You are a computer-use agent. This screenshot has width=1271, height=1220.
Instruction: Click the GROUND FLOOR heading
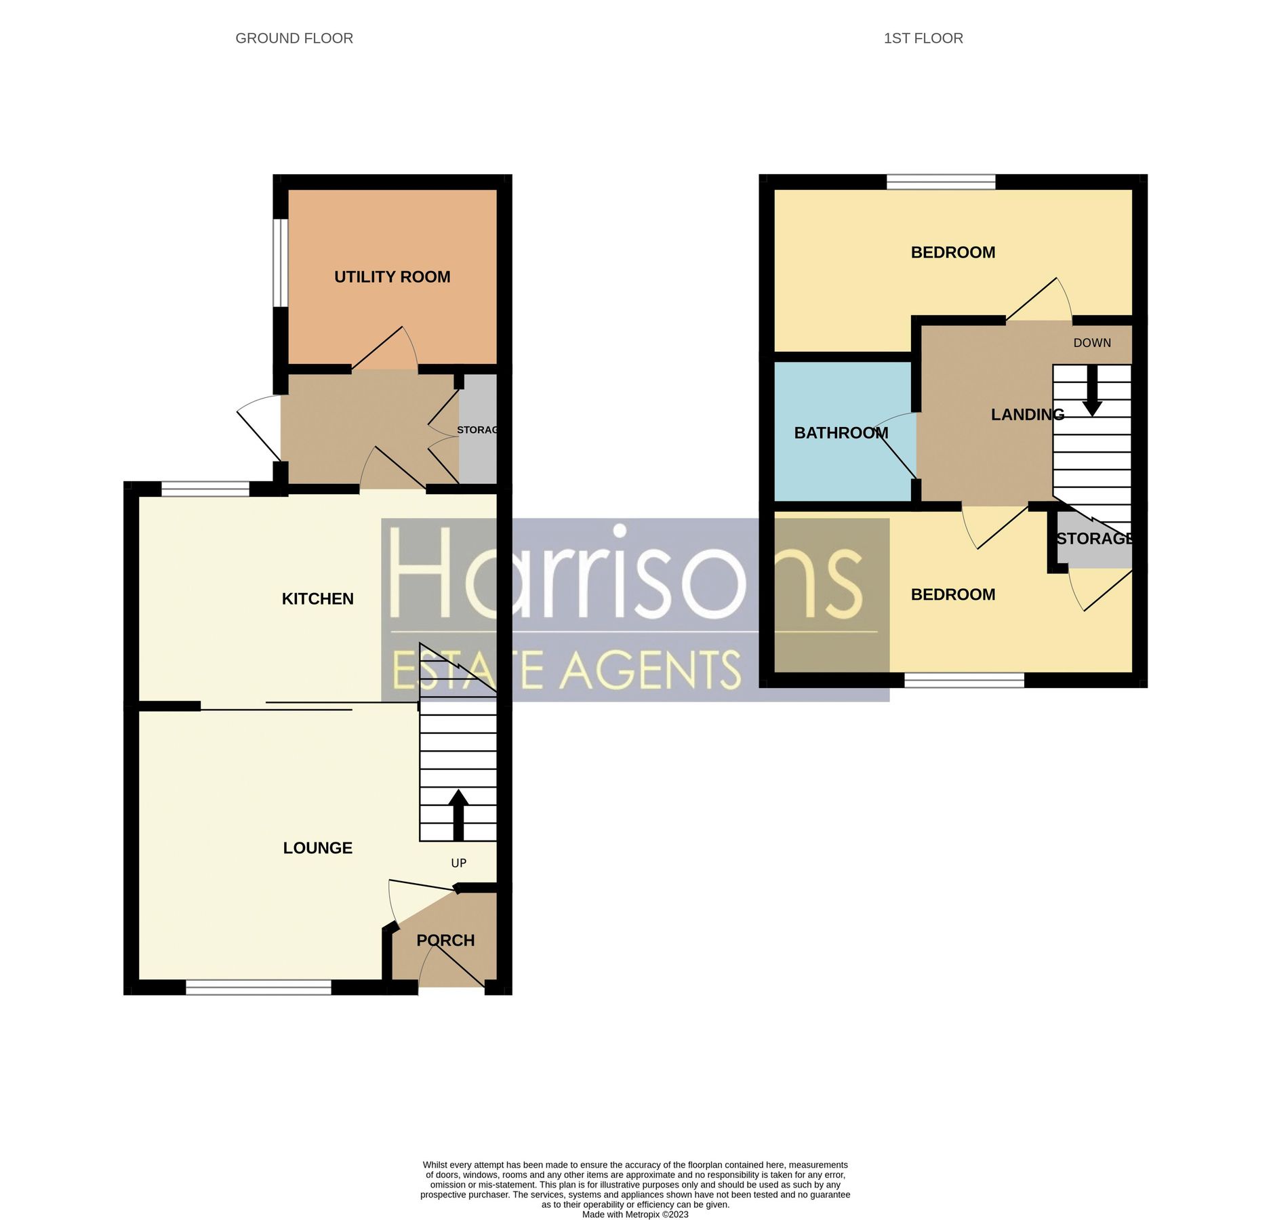pyautogui.click(x=294, y=38)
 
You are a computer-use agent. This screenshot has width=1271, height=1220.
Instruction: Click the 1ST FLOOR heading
pyautogui.click(x=923, y=38)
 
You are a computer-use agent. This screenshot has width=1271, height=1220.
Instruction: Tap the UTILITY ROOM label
pyautogui.click(x=392, y=277)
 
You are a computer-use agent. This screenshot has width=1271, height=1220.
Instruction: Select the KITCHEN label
pyautogui.click(x=317, y=598)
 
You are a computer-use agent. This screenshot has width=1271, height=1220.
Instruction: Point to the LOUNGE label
pyautogui.click(x=317, y=848)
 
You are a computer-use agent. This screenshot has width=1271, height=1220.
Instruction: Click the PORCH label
pyautogui.click(x=445, y=940)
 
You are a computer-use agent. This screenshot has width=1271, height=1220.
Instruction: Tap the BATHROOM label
pyautogui.click(x=841, y=432)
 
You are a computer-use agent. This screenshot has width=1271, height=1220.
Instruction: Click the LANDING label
pyautogui.click(x=1027, y=414)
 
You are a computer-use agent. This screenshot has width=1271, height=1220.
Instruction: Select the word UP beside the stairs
pyautogui.click(x=458, y=863)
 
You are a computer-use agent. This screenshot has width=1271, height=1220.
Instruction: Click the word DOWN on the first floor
pyautogui.click(x=1091, y=343)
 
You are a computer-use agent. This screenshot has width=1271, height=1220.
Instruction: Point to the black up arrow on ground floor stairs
pyautogui.click(x=458, y=813)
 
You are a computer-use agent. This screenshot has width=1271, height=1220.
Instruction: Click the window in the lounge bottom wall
pyautogui.click(x=258, y=989)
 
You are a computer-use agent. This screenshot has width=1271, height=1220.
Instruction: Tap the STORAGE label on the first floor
pyautogui.click(x=1094, y=538)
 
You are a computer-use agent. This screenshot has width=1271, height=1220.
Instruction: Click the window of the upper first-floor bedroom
pyautogui.click(x=940, y=181)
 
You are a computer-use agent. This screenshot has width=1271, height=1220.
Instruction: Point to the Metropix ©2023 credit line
pyautogui.click(x=634, y=1215)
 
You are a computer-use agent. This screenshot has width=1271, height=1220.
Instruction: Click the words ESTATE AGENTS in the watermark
pyautogui.click(x=567, y=670)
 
